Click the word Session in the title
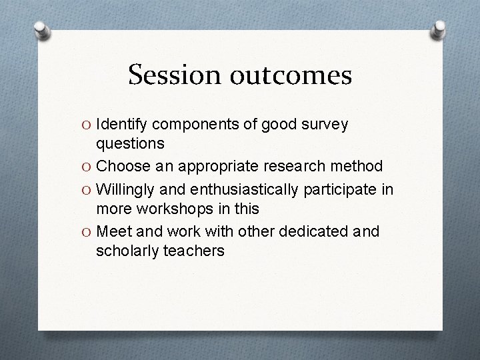(x=171, y=76)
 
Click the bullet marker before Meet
(x=87, y=232)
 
